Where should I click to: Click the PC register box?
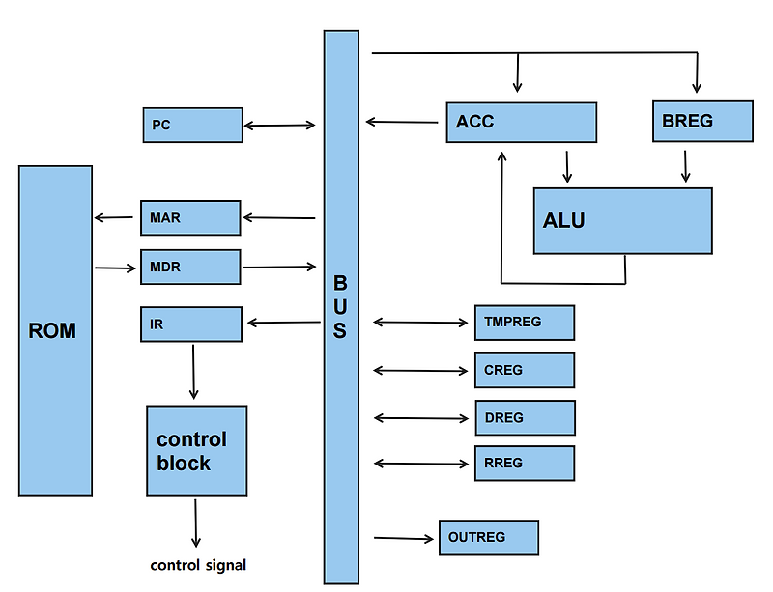[x=191, y=125]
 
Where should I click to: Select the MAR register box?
[x=189, y=218]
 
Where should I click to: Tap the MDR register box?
[x=189, y=267]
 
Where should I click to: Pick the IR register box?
[x=190, y=324]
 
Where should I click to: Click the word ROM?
[x=52, y=331]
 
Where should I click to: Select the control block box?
[x=196, y=451]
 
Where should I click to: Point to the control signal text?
[x=198, y=565]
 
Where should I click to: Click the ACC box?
[x=521, y=122]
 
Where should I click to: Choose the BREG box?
[x=702, y=121]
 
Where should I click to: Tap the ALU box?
[x=622, y=221]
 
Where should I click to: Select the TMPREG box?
[x=524, y=323]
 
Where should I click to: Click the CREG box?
[x=524, y=370]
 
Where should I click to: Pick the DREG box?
[x=524, y=417]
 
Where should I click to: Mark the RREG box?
[x=524, y=464]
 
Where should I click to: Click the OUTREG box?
[x=488, y=537]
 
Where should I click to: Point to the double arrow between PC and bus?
[x=280, y=125]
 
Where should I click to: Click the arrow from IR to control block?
[x=194, y=371]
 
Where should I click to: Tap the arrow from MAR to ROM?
[x=116, y=218]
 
